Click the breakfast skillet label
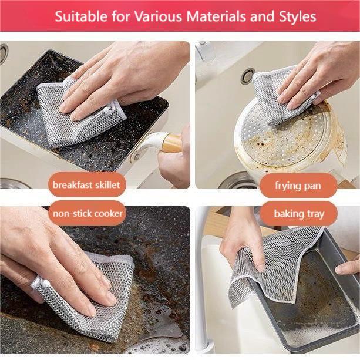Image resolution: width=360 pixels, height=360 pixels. point(86,184)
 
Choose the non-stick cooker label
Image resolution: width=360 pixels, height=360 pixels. point(88,213)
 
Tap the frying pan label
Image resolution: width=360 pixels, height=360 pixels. point(298,186)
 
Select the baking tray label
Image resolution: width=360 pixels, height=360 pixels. point(298,214)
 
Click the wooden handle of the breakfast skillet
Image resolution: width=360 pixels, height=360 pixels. point(171,142)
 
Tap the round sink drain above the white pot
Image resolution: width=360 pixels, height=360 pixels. point(247,75)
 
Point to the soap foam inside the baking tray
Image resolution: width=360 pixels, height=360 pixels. point(317,335)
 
